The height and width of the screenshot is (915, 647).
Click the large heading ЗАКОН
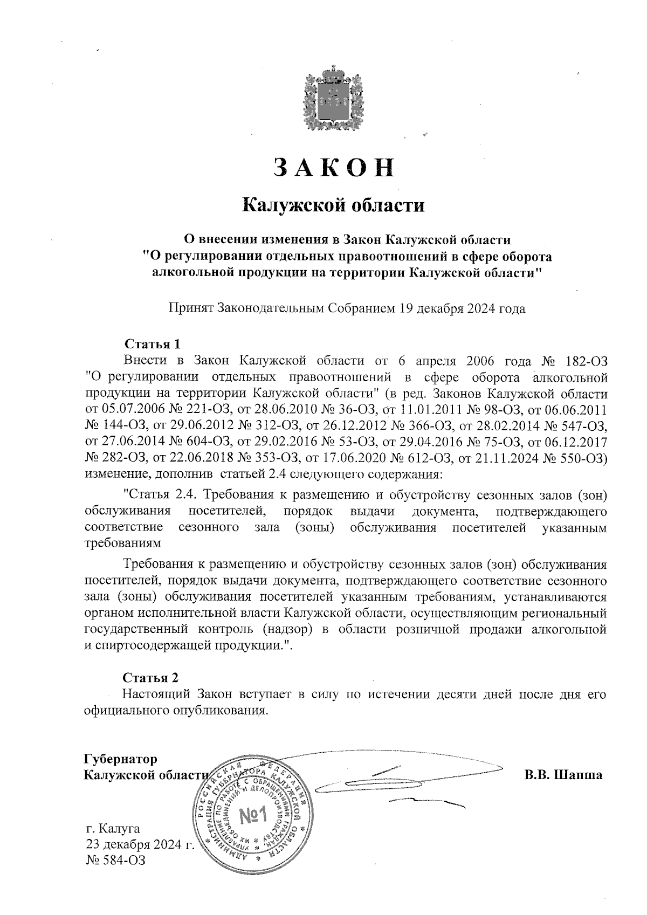pos(333,168)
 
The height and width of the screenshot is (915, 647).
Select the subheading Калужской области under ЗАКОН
pos(333,205)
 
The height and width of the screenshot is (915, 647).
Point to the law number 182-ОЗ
pos(587,360)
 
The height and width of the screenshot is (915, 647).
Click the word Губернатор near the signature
pos(121,759)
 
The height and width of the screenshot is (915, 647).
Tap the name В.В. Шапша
pos(563,775)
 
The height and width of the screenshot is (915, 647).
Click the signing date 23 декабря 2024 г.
pos(140,844)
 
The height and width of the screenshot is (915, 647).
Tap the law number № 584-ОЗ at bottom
pos(115,860)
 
